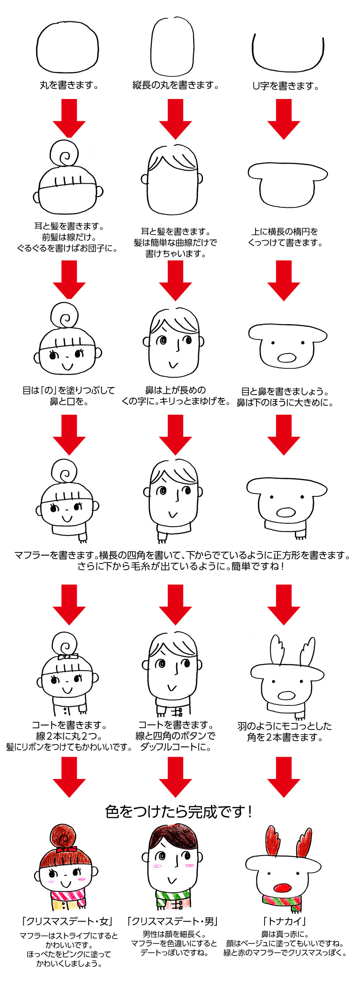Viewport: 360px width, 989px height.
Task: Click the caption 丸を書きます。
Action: point(69,85)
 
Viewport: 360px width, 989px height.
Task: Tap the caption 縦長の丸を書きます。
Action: point(175,85)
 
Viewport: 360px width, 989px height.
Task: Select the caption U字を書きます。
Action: point(286,86)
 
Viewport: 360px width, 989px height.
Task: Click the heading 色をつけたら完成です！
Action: point(179,812)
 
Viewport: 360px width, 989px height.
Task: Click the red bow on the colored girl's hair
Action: point(66,849)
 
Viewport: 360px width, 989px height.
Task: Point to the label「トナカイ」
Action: point(285,921)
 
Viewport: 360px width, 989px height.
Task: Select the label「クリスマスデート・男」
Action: point(173,921)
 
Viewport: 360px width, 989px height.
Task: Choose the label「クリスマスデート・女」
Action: point(67,921)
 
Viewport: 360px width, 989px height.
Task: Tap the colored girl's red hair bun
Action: point(65,837)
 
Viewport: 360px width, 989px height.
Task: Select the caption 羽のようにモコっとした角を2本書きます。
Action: point(285,731)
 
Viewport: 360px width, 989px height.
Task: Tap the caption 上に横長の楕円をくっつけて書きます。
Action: point(285,237)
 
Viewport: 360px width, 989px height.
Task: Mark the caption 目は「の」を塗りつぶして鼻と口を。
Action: point(69,396)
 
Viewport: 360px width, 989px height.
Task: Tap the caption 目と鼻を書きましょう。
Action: point(285,391)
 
